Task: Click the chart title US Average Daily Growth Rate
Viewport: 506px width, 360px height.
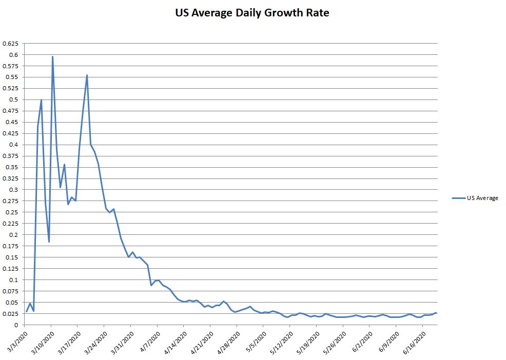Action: click(x=252, y=13)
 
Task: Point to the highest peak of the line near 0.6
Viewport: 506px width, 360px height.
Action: click(x=52, y=57)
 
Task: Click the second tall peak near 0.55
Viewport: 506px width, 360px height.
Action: click(x=87, y=75)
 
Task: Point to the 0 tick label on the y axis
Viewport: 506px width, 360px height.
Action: click(x=17, y=325)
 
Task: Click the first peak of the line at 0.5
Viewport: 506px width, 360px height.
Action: click(x=42, y=100)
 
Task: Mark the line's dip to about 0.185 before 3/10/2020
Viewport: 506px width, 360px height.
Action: click(x=49, y=242)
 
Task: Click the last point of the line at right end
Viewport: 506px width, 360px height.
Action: click(x=436, y=313)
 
